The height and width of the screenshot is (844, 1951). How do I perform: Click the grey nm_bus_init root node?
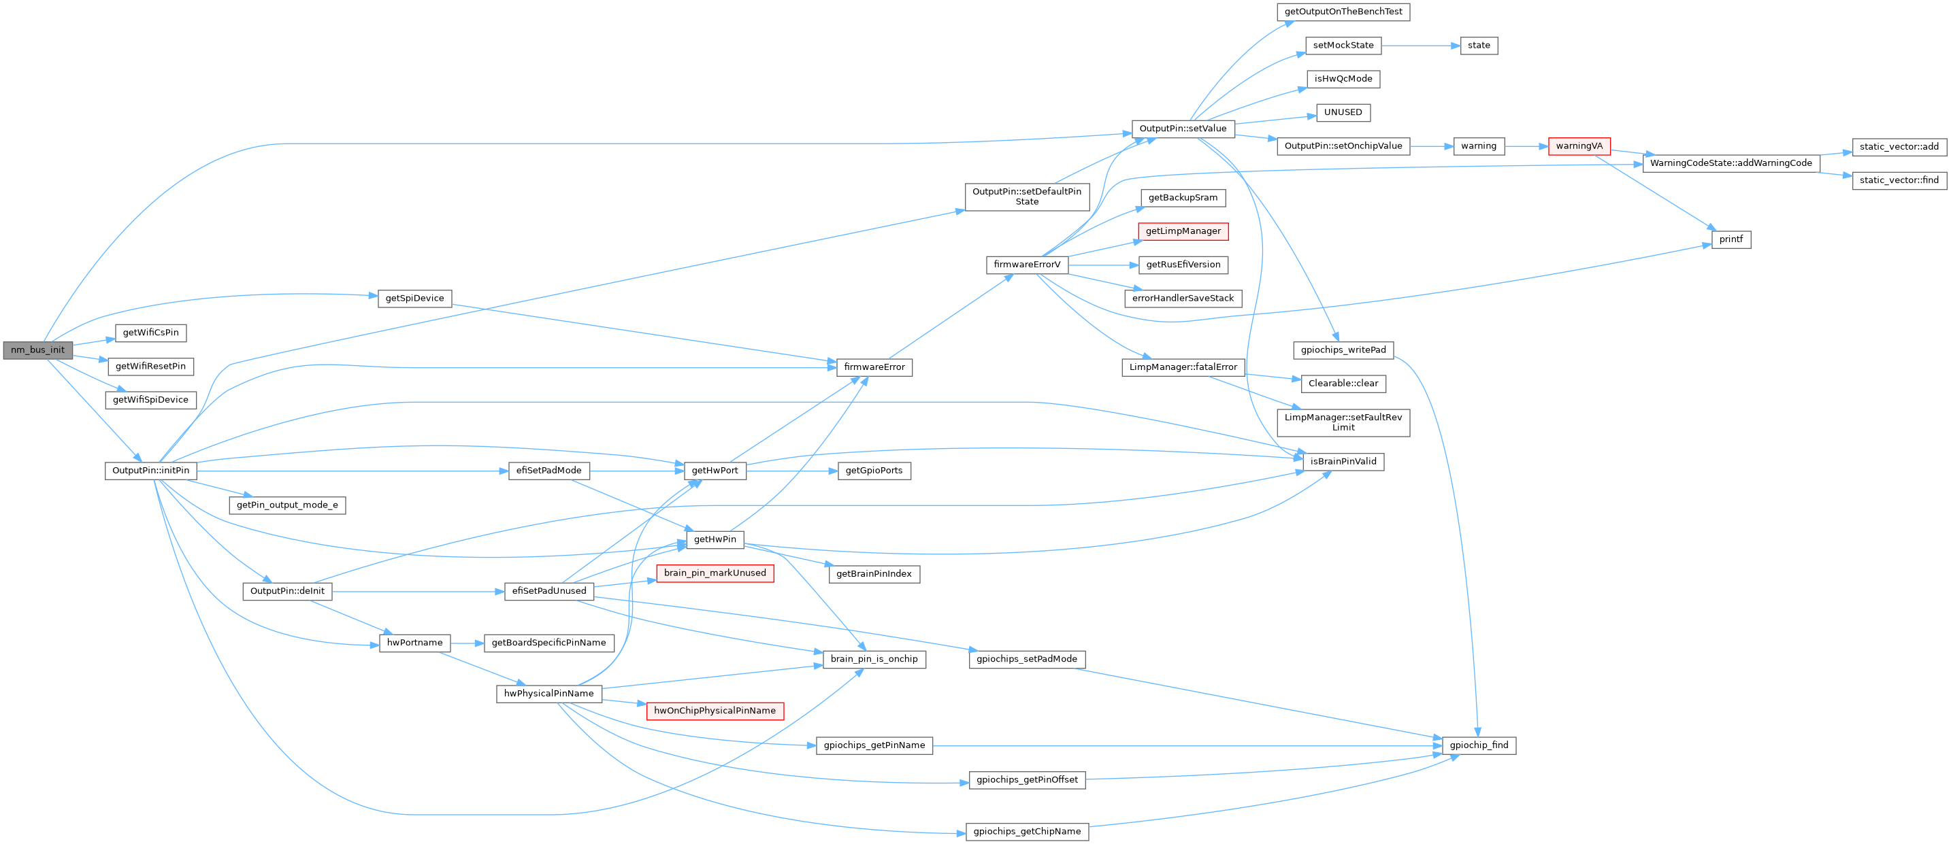[37, 350]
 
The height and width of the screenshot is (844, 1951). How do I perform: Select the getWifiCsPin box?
[150, 333]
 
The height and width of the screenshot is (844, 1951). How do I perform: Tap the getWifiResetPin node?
[150, 367]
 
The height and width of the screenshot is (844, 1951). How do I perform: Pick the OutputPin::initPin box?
[150, 470]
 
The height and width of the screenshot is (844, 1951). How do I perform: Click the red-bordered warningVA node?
[1579, 146]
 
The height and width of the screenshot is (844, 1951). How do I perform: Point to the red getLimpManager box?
[1182, 231]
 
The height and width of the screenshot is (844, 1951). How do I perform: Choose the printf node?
[1731, 239]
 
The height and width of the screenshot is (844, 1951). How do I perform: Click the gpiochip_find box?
[1479, 745]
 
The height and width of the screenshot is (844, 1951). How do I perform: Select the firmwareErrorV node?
[1026, 264]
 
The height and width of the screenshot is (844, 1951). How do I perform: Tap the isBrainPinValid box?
[1343, 461]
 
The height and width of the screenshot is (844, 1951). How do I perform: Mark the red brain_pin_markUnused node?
[715, 573]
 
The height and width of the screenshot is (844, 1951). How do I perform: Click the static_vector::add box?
[1899, 146]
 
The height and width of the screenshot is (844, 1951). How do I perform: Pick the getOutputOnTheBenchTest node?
[1343, 12]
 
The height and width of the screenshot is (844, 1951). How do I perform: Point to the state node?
[1479, 46]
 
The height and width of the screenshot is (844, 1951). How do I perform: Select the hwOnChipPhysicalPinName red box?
[715, 711]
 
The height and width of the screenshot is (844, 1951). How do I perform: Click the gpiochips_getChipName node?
[1027, 831]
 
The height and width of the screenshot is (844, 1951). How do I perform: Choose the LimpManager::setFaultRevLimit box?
[1343, 422]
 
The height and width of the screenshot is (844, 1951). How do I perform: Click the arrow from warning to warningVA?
[1526, 146]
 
